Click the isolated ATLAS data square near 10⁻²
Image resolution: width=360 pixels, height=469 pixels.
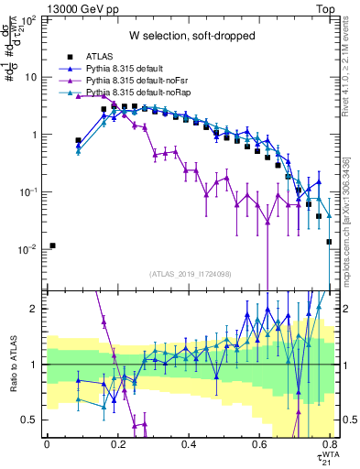point(53,245)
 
